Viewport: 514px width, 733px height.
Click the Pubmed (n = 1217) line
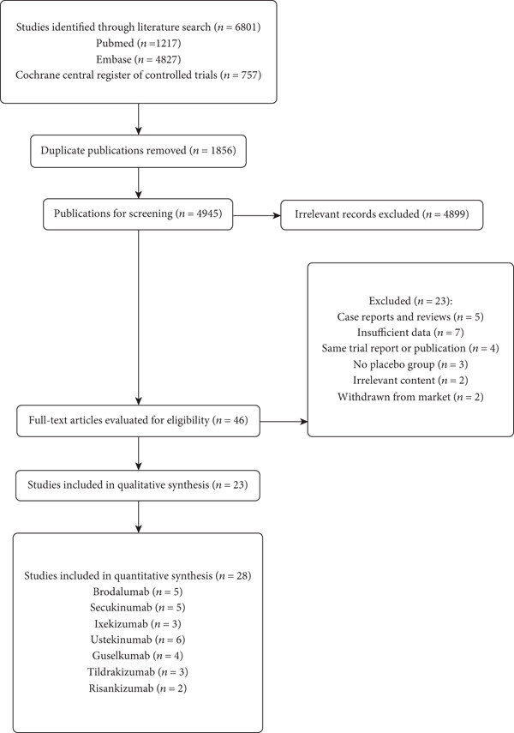(138, 44)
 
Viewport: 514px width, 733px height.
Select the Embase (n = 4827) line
(138, 59)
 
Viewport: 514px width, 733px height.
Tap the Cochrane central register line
(138, 75)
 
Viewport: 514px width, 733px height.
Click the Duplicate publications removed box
(138, 151)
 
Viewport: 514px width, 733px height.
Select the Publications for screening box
(138, 214)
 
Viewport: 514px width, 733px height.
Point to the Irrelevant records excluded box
(382, 214)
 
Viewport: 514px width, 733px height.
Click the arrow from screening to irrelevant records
(256, 215)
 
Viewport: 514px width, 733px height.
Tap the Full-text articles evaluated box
(138, 421)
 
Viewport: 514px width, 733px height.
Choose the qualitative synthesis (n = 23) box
(138, 485)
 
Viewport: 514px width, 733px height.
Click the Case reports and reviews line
(410, 317)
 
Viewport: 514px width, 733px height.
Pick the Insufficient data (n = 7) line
(410, 333)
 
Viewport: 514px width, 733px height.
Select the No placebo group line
(410, 364)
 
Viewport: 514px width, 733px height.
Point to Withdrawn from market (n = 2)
(410, 397)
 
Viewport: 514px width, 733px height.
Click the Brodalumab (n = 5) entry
(137, 592)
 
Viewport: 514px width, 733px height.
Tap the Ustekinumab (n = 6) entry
(138, 640)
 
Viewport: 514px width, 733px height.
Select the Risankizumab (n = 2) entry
(137, 688)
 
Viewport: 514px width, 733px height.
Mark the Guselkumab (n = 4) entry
(137, 656)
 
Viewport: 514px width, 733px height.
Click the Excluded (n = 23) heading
(410, 301)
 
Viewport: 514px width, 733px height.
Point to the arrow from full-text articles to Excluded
(284, 422)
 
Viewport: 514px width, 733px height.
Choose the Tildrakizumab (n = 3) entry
(137, 672)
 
